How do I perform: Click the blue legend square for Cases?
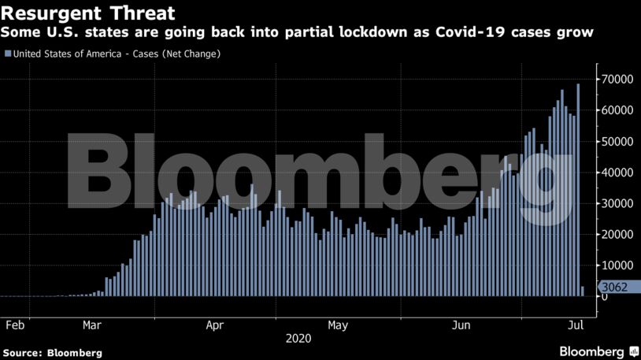(8, 54)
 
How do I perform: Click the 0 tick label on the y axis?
(605, 296)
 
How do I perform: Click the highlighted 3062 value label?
(615, 287)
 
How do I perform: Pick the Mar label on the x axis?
(92, 325)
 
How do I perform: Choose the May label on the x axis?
(338, 325)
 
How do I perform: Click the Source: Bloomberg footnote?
(52, 352)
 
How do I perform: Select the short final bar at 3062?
(583, 291)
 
